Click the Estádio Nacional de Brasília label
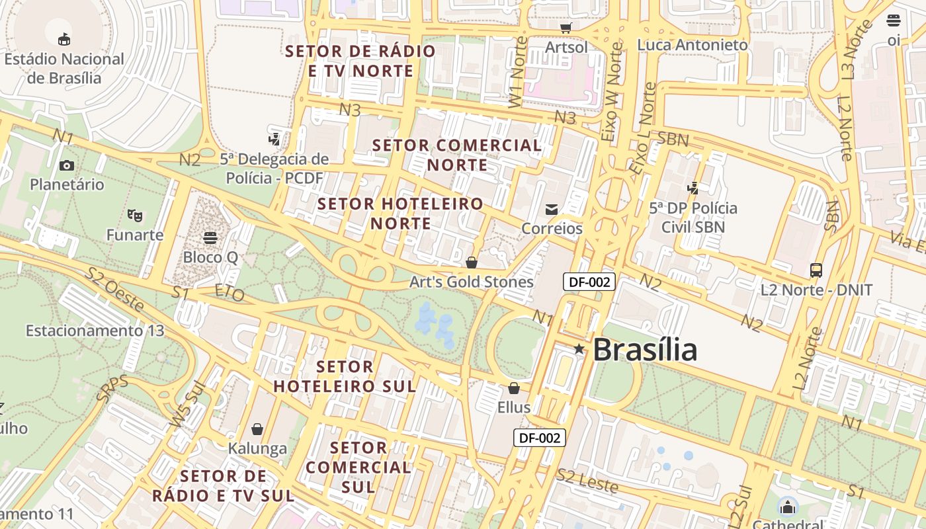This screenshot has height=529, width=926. (64, 68)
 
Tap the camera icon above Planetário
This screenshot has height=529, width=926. (67, 165)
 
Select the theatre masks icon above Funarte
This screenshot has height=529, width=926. (135, 215)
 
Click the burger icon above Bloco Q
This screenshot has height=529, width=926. (210, 237)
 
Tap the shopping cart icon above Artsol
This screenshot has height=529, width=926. (566, 28)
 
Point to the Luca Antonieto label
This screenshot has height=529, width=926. (693, 45)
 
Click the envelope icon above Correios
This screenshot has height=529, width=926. (552, 210)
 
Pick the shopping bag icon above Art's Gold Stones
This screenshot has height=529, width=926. (472, 263)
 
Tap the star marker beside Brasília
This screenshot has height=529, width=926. (579, 349)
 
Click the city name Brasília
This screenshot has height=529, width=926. (645, 349)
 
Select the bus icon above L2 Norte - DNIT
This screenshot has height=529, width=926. (816, 270)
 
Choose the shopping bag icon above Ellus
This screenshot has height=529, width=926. (514, 388)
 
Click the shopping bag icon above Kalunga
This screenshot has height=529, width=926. (257, 429)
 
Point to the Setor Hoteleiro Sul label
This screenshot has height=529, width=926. (345, 376)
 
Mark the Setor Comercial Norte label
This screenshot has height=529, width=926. (456, 155)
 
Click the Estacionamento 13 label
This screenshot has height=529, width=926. (95, 330)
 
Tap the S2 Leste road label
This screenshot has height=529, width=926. (587, 481)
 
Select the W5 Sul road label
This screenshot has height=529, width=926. (187, 404)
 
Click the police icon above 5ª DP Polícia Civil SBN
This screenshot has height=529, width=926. (693, 188)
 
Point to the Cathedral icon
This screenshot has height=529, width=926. (788, 508)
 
